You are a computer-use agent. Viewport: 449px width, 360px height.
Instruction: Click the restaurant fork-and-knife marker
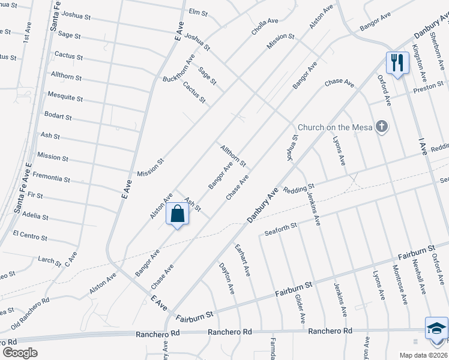(x=396, y=62)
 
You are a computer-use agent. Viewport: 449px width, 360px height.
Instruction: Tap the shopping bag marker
(x=178, y=214)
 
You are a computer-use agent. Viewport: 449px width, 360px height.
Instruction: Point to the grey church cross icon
(x=381, y=126)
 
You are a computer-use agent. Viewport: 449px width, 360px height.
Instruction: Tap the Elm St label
(x=197, y=12)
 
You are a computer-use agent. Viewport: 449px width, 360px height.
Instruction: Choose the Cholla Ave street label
(x=265, y=28)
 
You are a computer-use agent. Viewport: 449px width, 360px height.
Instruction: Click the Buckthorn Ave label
(x=179, y=68)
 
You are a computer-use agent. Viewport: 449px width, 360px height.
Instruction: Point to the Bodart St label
(x=58, y=116)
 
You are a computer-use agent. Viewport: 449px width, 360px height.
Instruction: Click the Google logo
(x=20, y=353)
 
